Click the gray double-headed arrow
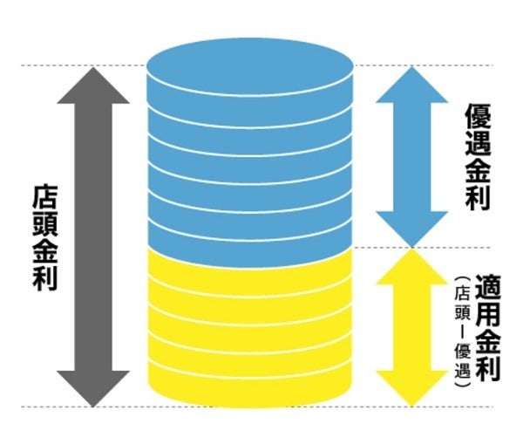click(x=93, y=236)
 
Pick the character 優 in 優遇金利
click(x=478, y=116)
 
